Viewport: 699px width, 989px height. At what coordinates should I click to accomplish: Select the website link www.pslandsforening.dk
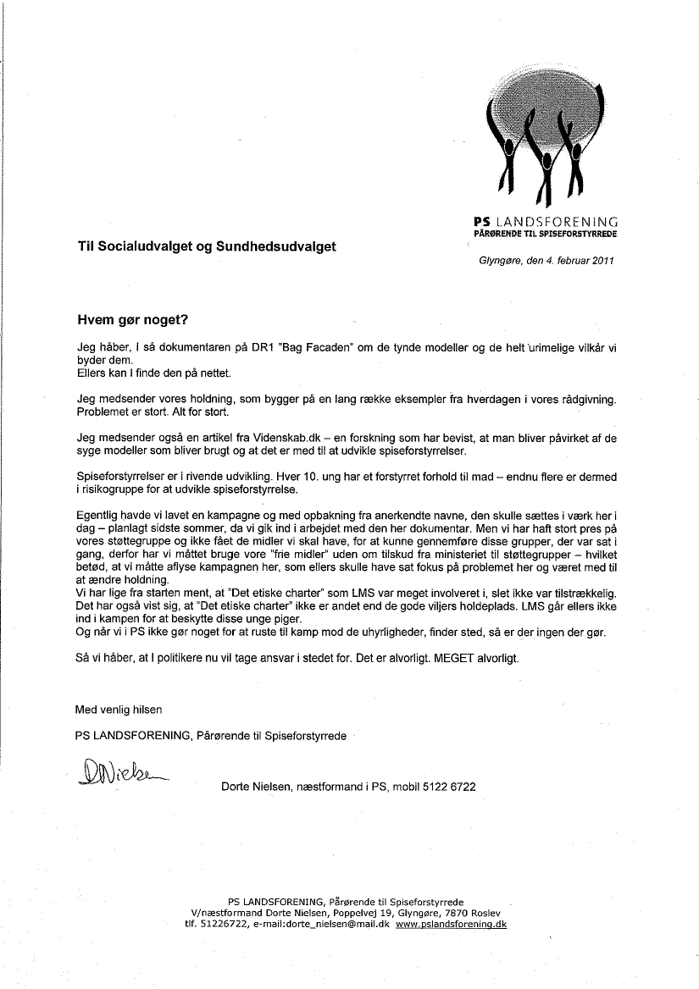coord(451,925)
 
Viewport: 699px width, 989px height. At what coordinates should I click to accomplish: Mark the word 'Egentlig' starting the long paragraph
coord(98,515)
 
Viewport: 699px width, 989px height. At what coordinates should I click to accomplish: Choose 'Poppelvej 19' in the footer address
coord(355,914)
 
